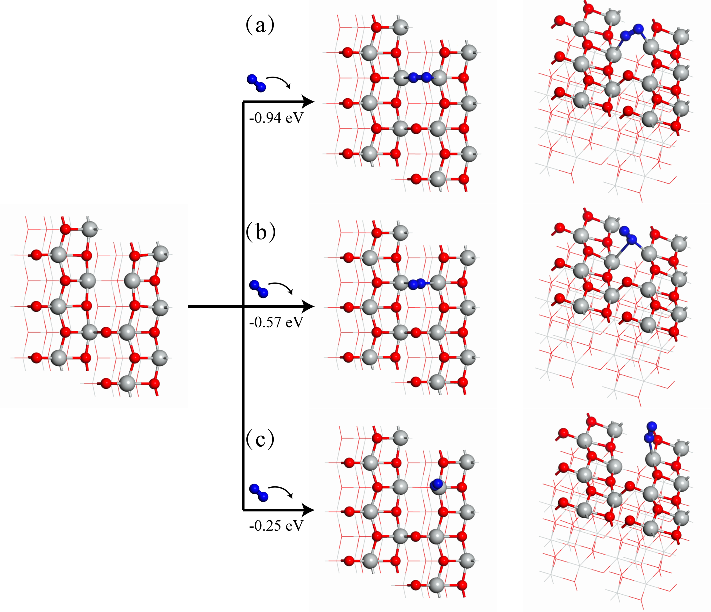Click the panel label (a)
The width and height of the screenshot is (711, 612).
(260, 25)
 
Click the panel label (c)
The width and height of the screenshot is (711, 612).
(260, 439)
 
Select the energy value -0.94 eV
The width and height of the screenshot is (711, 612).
(276, 118)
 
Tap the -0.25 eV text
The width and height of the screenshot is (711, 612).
(276, 526)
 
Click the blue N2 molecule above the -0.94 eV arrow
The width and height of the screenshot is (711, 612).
(256, 83)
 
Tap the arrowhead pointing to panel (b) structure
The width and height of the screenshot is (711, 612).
(308, 306)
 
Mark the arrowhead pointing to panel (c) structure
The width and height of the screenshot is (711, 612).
(308, 510)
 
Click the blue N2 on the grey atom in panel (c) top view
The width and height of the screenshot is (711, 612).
(436, 484)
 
